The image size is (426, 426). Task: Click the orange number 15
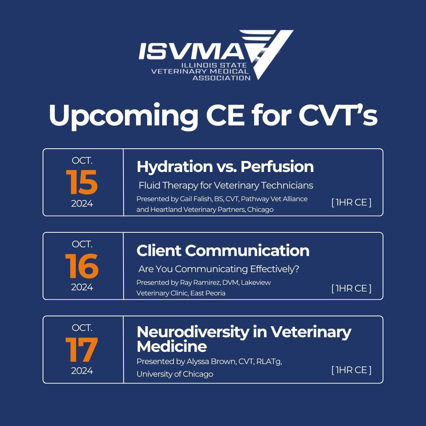click(82, 183)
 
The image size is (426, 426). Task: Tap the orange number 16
click(82, 266)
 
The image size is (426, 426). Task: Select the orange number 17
click(82, 350)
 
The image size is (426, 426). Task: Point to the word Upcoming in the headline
click(123, 116)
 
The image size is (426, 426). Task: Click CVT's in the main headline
click(338, 116)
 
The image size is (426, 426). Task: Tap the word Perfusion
click(277, 167)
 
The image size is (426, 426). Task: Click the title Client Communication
click(223, 250)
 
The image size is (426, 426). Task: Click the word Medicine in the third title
click(172, 347)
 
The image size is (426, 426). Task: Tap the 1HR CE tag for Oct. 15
click(351, 203)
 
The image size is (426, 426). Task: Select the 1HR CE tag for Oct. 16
click(351, 288)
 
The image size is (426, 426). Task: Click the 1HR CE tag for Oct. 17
click(351, 370)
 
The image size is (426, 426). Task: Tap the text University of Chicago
click(175, 374)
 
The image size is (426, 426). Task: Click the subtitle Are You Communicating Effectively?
click(219, 269)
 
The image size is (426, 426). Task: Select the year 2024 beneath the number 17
click(82, 371)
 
